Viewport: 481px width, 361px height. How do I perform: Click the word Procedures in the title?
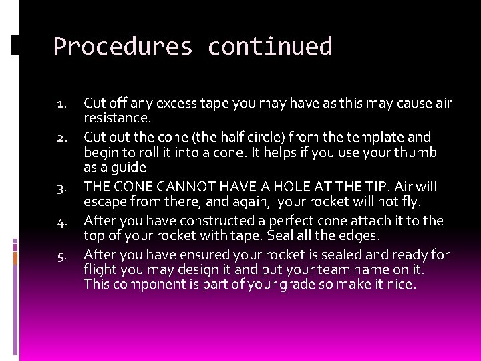coord(122,47)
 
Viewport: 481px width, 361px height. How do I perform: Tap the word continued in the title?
coord(270,47)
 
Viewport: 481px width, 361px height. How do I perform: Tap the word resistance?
coord(117,118)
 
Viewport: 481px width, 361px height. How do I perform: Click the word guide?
coord(129,168)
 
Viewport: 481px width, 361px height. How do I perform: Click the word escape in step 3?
coord(104,202)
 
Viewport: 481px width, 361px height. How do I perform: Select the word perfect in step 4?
coord(307,221)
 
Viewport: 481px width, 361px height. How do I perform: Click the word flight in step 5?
coord(100,269)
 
